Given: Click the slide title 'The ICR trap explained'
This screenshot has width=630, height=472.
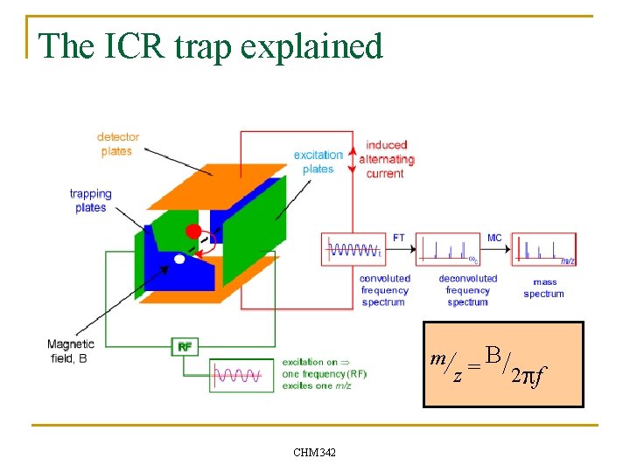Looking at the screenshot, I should (211, 45).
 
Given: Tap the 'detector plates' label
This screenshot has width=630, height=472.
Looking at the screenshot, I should (117, 144).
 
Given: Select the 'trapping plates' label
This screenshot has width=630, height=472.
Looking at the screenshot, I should (91, 201).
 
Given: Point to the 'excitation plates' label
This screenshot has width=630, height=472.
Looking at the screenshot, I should (318, 162).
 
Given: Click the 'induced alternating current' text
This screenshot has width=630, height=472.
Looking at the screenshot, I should (386, 159).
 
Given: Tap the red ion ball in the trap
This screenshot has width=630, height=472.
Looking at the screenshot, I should (192, 232).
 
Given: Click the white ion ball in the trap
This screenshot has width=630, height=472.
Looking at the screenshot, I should (179, 259).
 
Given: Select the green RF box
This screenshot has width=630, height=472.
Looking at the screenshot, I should (185, 347).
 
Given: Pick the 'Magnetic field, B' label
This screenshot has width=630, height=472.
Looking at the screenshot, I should (71, 351).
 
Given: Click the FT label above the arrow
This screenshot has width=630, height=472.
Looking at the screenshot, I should (399, 238).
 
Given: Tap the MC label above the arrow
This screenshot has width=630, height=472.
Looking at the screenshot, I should (494, 238).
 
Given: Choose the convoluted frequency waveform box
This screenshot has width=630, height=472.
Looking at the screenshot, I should (354, 250).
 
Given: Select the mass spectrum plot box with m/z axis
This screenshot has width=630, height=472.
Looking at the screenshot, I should (543, 249).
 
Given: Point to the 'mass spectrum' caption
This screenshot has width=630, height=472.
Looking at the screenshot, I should (543, 288).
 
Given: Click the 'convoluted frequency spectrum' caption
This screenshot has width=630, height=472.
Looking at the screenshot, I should (384, 290).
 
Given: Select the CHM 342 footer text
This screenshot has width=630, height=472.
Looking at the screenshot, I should (314, 452).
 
